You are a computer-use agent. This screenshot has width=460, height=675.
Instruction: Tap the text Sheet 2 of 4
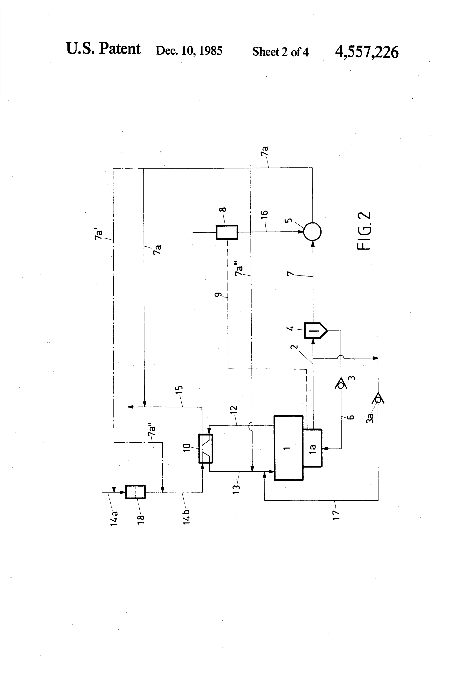pos(280,52)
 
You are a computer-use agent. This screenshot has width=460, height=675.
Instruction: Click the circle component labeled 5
pos(312,232)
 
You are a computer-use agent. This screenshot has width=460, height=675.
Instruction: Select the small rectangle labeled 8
pos(227,232)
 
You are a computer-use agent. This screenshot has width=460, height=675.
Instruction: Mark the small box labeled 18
pos(135,492)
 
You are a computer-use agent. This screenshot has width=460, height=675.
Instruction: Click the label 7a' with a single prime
pos(99,234)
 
